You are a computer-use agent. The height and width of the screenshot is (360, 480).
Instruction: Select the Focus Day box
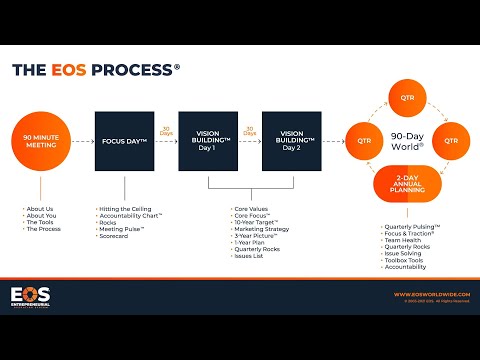pos(124,142)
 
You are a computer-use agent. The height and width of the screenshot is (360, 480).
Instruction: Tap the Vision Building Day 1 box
pos(208,142)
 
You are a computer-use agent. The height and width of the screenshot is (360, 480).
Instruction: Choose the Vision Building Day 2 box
pos(291,142)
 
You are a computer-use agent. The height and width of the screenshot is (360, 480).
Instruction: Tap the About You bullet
pos(42,215)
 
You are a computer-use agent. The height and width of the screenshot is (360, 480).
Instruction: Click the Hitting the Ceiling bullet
pos(125,208)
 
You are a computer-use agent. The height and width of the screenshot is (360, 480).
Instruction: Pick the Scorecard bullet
pos(114,236)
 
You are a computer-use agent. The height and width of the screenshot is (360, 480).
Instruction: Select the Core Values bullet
pos(252,208)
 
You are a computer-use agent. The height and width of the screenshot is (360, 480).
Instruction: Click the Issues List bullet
pos(250,256)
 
